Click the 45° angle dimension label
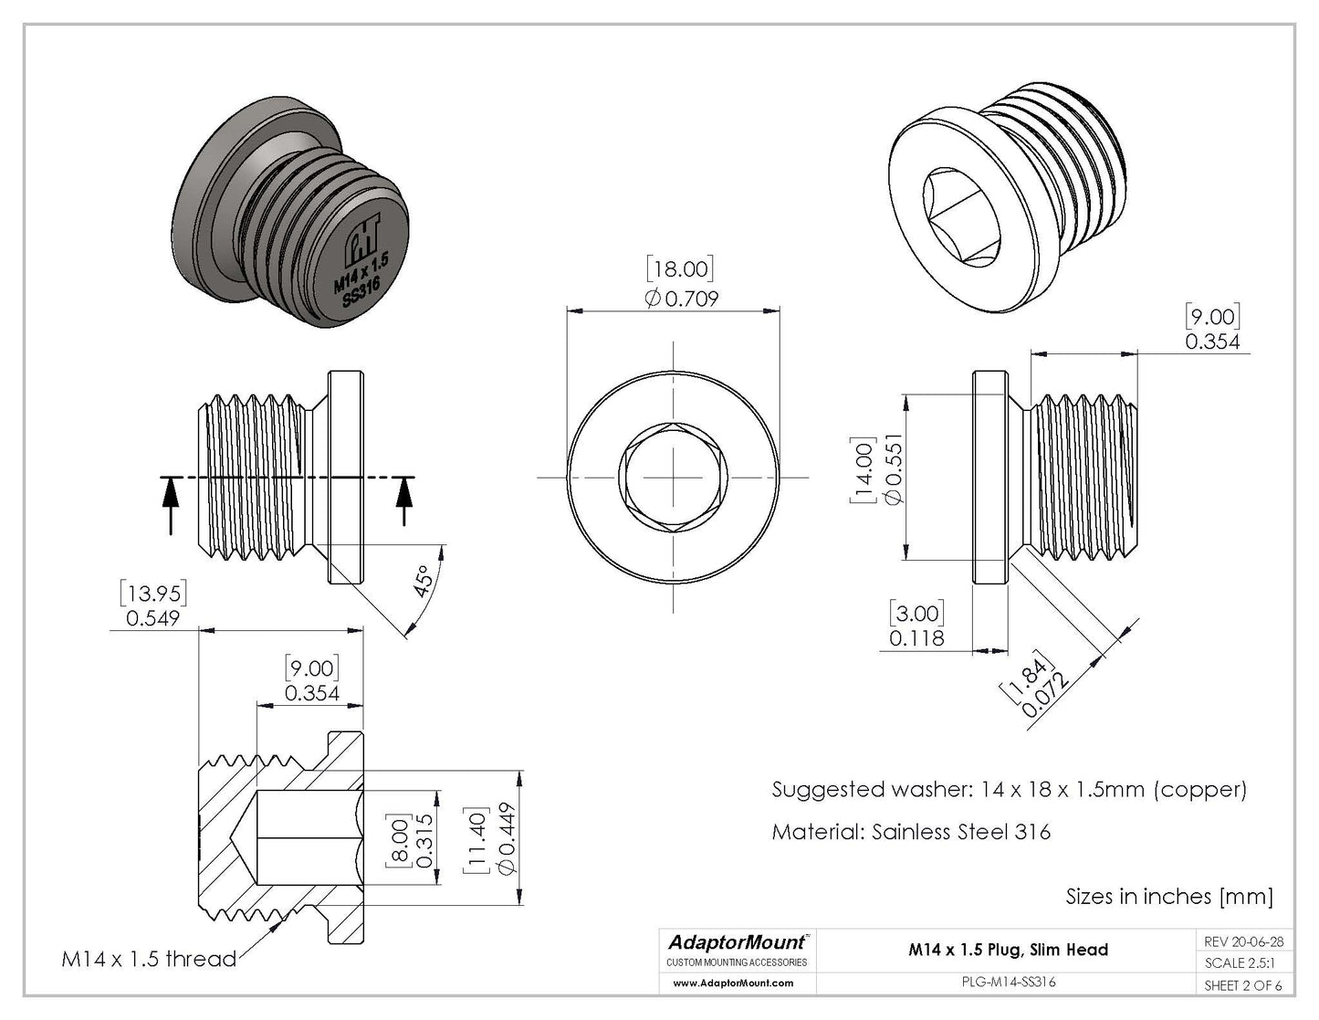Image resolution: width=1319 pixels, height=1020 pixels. (422, 581)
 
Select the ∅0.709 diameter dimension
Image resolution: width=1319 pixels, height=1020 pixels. (681, 298)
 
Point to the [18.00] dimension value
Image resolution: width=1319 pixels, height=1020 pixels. (680, 268)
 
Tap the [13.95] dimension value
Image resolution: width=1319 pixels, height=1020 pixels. (152, 594)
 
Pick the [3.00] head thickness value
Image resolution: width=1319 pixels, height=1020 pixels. (917, 613)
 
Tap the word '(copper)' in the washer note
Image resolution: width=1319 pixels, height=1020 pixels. (1200, 789)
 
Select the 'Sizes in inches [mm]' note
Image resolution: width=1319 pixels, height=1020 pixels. (1168, 897)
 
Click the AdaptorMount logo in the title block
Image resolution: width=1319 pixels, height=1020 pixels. (738, 941)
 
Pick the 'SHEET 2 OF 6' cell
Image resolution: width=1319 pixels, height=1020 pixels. (1243, 985)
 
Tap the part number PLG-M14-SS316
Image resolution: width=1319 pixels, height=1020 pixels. (1009, 983)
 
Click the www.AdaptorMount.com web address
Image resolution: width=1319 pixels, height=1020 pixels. (733, 983)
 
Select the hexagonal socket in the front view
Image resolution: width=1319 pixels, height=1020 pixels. (674, 478)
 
